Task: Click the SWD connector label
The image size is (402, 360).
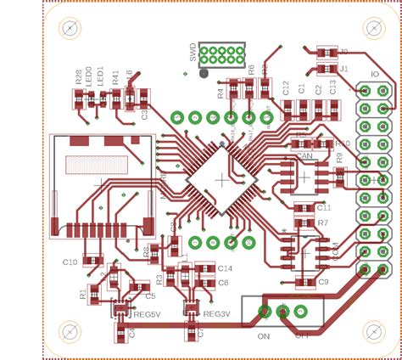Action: pos(193,53)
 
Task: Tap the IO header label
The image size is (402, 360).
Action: pos(374,75)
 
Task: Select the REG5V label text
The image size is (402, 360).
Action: pos(147,314)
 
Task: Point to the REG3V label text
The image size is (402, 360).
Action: pos(216,314)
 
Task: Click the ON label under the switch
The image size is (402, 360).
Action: pos(263,335)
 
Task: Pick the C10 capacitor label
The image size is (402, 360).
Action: pos(70,262)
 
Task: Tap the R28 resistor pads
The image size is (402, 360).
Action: pos(79,99)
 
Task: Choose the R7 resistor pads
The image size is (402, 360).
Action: pos(304,222)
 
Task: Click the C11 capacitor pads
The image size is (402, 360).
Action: pos(304,207)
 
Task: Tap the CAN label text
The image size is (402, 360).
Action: pos(304,156)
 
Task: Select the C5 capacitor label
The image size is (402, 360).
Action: pos(150,296)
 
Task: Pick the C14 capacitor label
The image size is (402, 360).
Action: pos(225,268)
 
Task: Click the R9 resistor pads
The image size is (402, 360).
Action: pos(340,176)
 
